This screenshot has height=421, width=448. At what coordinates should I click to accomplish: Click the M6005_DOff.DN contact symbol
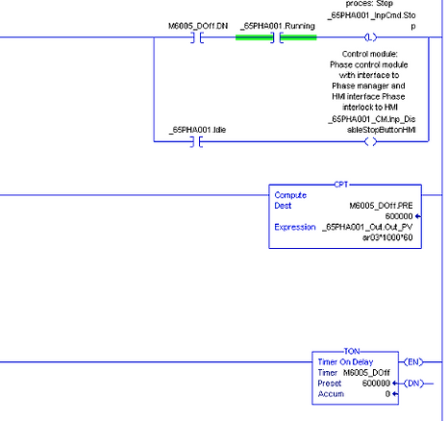197,37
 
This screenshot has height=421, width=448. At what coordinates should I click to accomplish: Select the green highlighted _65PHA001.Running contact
276,37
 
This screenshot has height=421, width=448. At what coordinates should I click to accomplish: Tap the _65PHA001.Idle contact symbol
197,141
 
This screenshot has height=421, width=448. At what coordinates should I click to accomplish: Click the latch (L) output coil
371,37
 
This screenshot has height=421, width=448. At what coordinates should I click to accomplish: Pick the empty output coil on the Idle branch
371,141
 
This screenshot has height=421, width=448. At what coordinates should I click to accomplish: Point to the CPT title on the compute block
341,185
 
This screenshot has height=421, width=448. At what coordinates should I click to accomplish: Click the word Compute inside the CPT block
290,195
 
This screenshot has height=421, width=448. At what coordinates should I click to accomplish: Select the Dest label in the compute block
283,206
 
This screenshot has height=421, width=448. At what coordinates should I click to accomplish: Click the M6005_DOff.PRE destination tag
381,206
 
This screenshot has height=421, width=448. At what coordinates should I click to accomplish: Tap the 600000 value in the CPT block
399,216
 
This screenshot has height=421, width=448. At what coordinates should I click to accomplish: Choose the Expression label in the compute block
295,227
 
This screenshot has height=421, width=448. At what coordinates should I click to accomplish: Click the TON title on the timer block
352,351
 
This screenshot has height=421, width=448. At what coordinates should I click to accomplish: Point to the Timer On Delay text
345,362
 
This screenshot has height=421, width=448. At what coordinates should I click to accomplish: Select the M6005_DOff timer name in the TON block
366,373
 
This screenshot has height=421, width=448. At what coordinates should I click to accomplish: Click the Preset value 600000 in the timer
376,384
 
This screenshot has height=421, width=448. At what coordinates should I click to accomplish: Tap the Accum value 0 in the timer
387,394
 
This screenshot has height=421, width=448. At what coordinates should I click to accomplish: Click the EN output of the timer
413,362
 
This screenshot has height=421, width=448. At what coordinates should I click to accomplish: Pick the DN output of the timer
413,384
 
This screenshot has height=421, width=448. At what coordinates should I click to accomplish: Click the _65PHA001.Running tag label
278,26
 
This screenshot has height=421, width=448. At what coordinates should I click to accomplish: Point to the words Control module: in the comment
369,54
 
